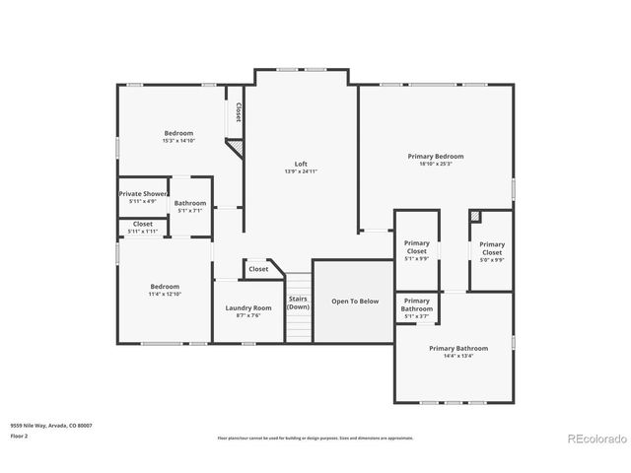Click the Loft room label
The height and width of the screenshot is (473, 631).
pos(301,164)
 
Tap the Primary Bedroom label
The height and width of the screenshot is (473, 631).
pos(436,156)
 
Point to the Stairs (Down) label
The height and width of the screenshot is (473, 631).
pos(298,303)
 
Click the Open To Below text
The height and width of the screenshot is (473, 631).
pos(354,302)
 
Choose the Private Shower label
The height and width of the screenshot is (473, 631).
pos(143,194)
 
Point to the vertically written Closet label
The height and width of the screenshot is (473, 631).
pos(239,111)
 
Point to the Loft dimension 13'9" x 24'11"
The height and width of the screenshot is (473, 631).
pos(301,171)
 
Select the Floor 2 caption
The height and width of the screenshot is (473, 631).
pos(20,435)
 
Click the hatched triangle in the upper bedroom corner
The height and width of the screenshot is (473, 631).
pos(235,147)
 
